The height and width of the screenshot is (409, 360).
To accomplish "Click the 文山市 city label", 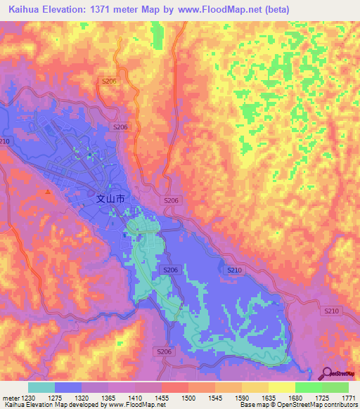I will [110, 199].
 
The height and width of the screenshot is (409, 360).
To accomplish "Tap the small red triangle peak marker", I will [48, 191].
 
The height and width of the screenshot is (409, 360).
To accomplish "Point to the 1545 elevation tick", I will [224, 398].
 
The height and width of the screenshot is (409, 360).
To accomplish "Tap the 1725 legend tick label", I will [330, 398].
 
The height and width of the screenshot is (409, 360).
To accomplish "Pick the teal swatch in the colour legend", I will [41, 387].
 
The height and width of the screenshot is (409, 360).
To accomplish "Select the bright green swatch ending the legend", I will [336, 387].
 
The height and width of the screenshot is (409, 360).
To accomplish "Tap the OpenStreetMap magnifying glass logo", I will [326, 374].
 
